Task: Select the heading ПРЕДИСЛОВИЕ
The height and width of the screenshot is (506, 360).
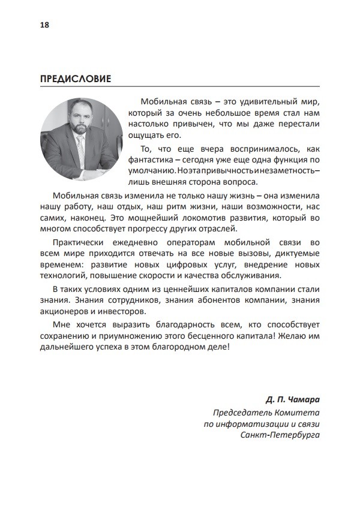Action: point(75,79)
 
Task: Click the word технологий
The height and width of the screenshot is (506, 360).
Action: point(62,276)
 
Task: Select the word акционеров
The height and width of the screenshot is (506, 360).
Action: point(65,312)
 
